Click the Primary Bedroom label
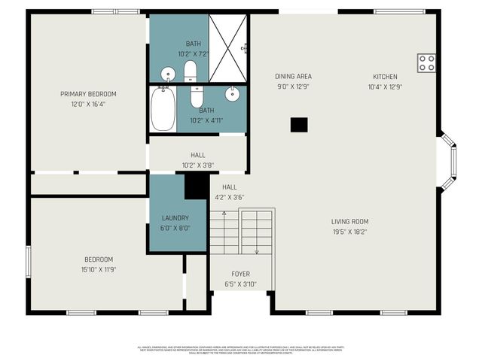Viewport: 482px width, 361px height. coord(88,94)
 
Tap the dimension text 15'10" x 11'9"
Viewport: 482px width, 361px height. coord(98,269)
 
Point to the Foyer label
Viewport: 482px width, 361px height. coord(240,274)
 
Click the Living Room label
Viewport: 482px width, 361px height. coord(349,221)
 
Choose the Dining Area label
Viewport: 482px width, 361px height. coord(294,77)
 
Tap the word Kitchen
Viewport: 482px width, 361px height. coord(384,77)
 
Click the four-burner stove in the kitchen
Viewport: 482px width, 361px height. coord(426,62)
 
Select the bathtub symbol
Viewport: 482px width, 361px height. coord(163,109)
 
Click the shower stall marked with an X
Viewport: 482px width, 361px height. coord(227,47)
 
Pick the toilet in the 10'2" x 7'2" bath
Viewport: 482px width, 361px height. coord(190,71)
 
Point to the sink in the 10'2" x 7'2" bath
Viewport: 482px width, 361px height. coord(167,74)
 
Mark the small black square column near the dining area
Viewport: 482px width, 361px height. coord(300,125)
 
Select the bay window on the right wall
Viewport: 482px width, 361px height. coord(447,161)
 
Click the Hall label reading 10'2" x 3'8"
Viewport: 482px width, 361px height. coord(197,160)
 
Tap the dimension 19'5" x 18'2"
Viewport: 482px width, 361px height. coord(349,231)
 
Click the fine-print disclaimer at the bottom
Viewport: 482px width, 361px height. coord(240,350)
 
